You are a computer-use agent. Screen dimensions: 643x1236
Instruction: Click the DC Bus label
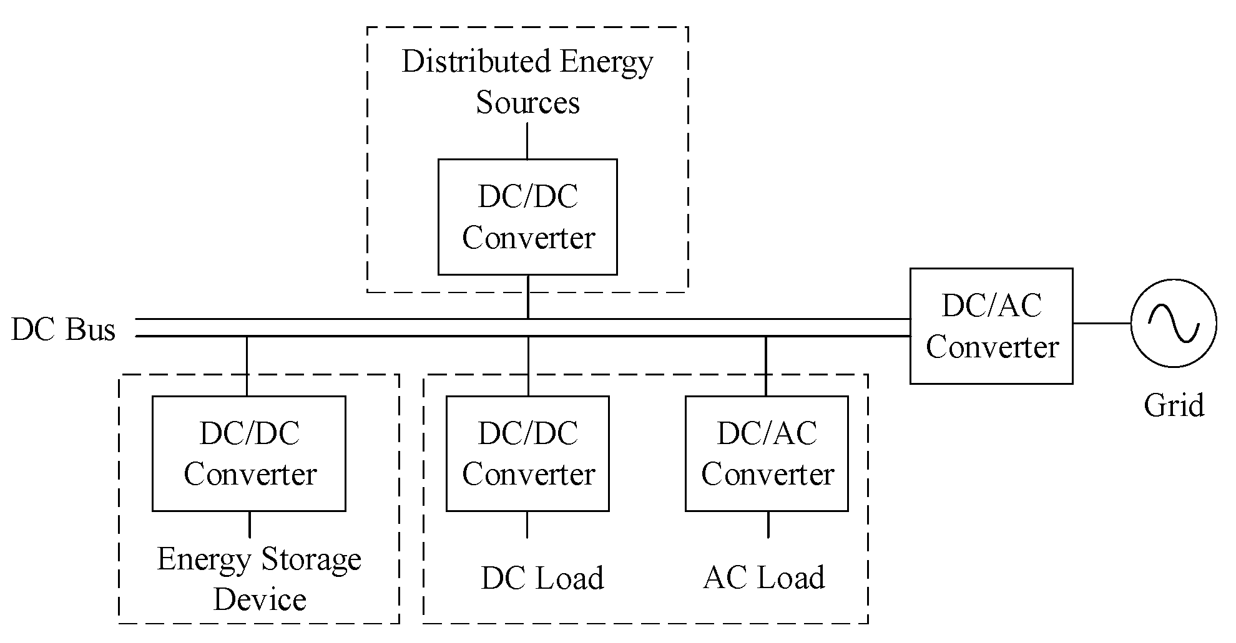coord(64,329)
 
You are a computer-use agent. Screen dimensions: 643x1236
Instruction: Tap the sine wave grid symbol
coord(1174,323)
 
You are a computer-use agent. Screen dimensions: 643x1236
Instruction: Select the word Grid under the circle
coord(1174,405)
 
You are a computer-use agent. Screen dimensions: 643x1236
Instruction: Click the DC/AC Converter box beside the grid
coord(991,326)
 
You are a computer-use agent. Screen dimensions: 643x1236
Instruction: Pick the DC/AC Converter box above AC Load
coord(767,453)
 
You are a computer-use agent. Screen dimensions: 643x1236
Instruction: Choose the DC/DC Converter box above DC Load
coord(527,453)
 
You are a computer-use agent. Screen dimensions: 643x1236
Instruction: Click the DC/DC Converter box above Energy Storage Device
coord(249,453)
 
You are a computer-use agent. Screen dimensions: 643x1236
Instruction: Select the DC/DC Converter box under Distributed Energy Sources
coord(527,216)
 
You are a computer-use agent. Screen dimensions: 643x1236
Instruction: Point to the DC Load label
coord(542,578)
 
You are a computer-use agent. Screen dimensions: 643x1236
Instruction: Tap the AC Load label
coord(764,578)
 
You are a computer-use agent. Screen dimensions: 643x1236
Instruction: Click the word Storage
coord(310,559)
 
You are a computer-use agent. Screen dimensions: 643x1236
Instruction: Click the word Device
coord(260,599)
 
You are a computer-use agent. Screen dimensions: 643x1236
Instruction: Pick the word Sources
coord(527,102)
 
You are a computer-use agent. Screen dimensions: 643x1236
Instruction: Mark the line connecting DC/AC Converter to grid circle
coord(1101,323)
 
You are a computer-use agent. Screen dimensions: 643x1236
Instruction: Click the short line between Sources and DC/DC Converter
coord(527,140)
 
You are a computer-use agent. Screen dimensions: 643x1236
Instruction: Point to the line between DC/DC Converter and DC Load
coord(527,525)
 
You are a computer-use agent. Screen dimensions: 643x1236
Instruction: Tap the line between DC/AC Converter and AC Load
coord(768,525)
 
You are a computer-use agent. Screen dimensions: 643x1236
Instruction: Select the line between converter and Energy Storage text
coord(250,525)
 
